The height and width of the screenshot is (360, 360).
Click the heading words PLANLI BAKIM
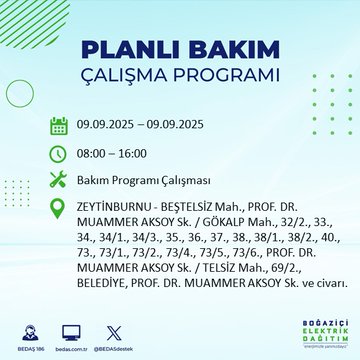[x=180, y=50]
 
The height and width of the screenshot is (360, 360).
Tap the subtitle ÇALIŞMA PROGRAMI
[x=180, y=76]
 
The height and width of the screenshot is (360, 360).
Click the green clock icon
[x=58, y=154]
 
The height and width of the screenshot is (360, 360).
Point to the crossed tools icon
[x=58, y=181]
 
